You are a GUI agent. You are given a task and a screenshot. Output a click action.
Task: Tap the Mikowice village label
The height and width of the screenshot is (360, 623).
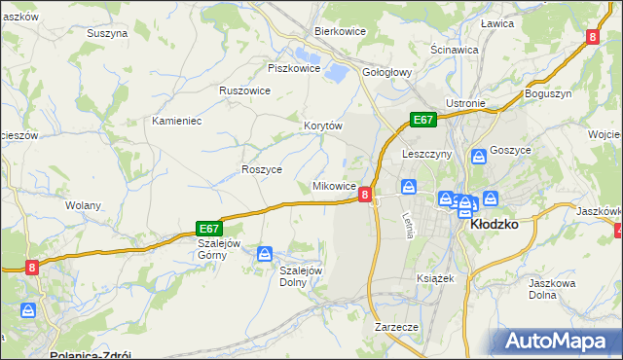pyautogui.click(x=333, y=185)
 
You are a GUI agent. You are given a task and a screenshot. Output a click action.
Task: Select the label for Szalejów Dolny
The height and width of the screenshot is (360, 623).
pyautogui.click(x=301, y=276)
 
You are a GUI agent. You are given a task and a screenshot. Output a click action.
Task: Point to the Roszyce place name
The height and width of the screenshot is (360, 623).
pyautogui.click(x=261, y=169)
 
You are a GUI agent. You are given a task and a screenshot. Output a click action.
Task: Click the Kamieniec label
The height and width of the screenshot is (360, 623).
pyautogui.click(x=176, y=122)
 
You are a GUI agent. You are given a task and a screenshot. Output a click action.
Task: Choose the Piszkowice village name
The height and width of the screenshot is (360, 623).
pyautogui.click(x=294, y=69)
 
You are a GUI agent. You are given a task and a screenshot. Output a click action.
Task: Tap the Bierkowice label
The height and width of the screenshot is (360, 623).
pyautogui.click(x=339, y=31)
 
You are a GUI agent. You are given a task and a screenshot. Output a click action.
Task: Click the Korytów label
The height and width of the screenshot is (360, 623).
pyautogui.click(x=323, y=126)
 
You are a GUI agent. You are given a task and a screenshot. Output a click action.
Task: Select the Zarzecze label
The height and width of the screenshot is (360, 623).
pyautogui.click(x=396, y=328)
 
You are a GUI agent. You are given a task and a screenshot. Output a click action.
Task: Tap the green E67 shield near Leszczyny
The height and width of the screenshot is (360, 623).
pyautogui.click(x=421, y=120)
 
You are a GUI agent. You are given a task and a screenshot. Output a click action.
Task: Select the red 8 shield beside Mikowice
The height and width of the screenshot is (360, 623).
pyautogui.click(x=365, y=195)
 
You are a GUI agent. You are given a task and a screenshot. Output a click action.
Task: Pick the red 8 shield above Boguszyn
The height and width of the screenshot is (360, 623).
pyautogui.click(x=592, y=37)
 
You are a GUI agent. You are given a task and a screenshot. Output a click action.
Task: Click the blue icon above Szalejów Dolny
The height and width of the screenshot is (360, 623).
pyautogui.click(x=264, y=254)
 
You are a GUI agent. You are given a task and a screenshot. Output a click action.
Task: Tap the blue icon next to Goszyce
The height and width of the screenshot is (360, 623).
pyautogui.click(x=479, y=156)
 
